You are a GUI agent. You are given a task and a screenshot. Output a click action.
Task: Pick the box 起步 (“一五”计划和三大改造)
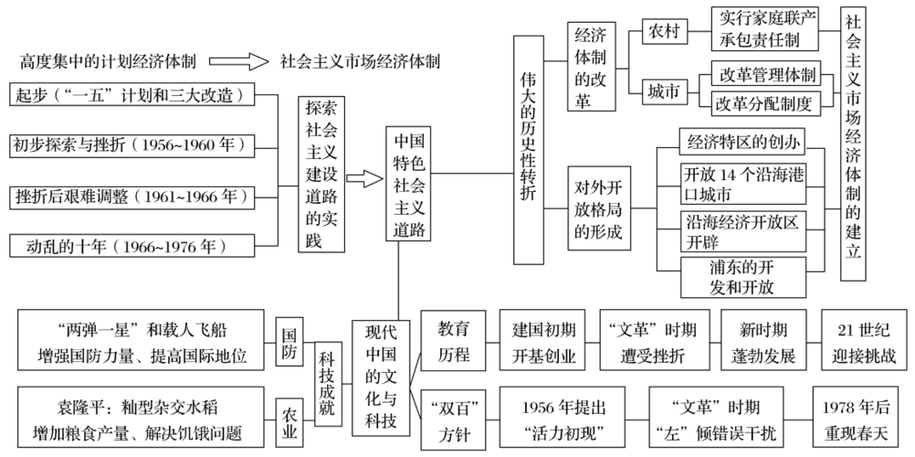[x=131, y=95]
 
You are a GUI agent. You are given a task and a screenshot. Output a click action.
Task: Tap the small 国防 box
[x=289, y=336]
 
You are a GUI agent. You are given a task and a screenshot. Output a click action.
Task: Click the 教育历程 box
[x=453, y=340]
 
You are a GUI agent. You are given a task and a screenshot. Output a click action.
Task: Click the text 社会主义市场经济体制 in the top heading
[x=360, y=61]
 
